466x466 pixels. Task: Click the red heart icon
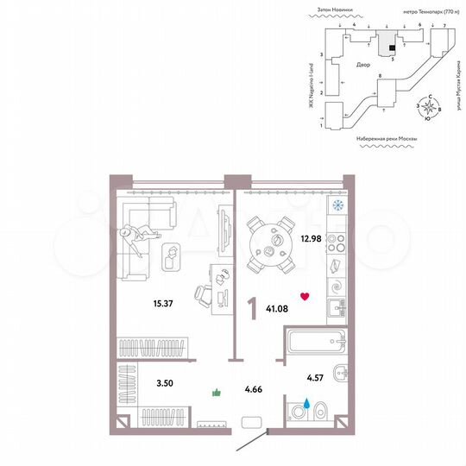(x=304, y=296)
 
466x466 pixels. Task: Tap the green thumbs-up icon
(x=217, y=394)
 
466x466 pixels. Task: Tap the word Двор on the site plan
(x=363, y=65)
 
